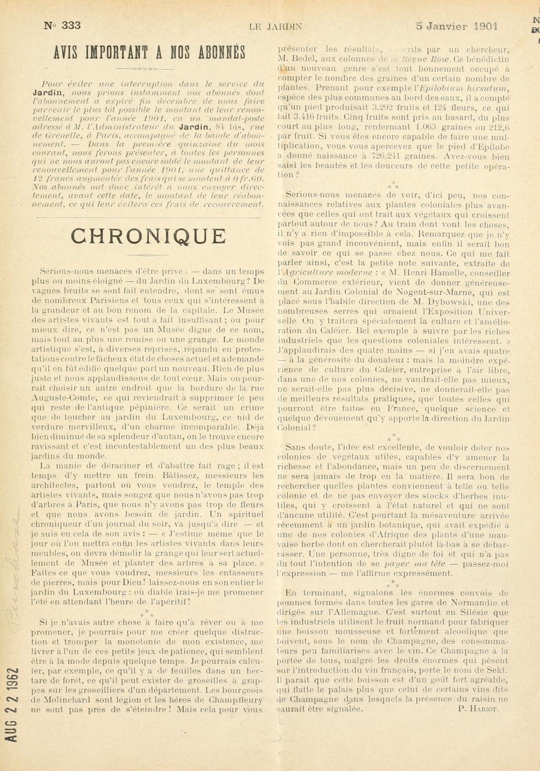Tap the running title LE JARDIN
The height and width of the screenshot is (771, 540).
coord(275,27)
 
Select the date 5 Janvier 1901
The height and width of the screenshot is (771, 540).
coord(456,26)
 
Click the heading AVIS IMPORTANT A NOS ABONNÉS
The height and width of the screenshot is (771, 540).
coord(149,52)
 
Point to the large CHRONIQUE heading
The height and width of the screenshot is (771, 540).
coord(148,236)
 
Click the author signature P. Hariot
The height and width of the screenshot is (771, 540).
coord(478,708)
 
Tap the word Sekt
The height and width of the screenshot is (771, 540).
coord(498,670)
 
